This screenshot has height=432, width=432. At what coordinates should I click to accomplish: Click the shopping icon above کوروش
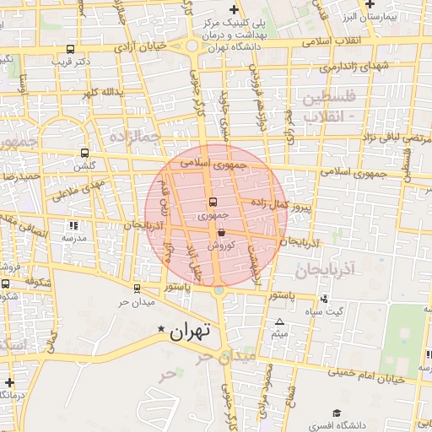(221, 231)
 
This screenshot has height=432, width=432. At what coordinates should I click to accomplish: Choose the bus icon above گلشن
(84, 153)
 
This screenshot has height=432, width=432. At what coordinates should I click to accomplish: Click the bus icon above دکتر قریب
(67, 49)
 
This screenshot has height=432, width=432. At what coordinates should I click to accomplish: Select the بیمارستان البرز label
(383, 17)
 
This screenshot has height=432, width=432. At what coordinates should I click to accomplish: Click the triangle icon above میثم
(280, 322)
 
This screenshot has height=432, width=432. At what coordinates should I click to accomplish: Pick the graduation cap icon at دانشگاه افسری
(337, 413)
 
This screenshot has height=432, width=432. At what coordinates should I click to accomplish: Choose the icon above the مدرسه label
(73, 225)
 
